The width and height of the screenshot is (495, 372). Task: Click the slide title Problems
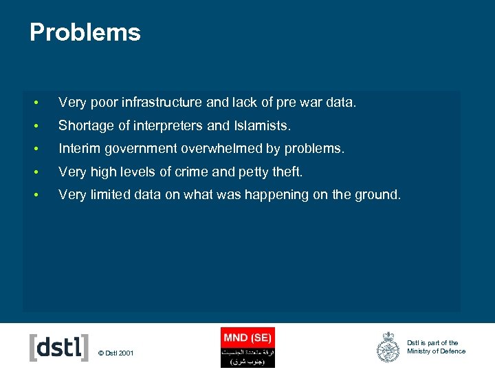pyautogui.click(x=85, y=32)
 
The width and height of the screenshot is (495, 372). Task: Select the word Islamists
pyautogui.click(x=262, y=126)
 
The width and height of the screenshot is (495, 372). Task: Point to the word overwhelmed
pyautogui.click(x=230, y=149)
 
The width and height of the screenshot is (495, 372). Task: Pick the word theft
pyautogui.click(x=285, y=172)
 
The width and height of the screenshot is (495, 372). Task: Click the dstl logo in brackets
pyautogui.click(x=59, y=347)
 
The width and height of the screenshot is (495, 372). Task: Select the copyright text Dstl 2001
pyautogui.click(x=117, y=353)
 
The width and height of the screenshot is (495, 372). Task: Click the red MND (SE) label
pyautogui.click(x=247, y=337)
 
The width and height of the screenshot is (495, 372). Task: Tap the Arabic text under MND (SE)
pyautogui.click(x=247, y=356)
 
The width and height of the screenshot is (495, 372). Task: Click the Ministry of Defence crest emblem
pyautogui.click(x=388, y=347)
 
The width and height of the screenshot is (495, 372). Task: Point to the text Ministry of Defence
pyautogui.click(x=436, y=351)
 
